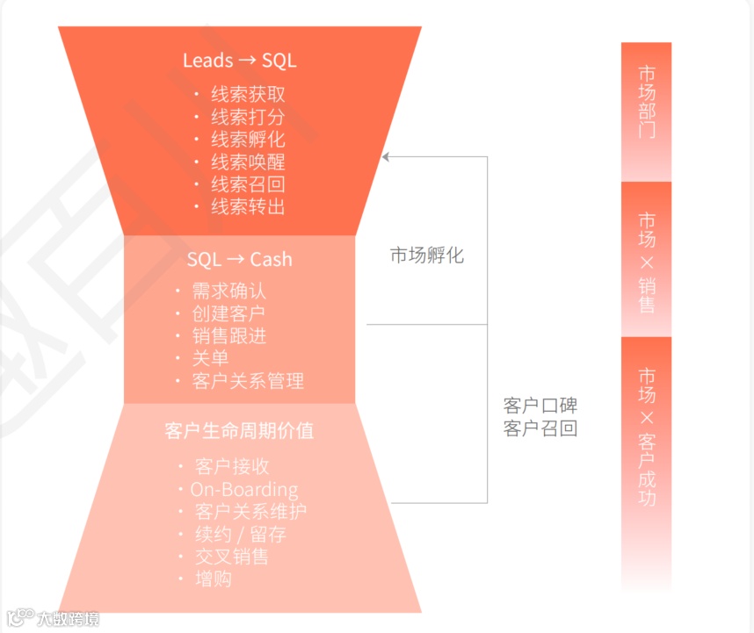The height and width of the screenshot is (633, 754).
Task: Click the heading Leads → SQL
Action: (x=239, y=61)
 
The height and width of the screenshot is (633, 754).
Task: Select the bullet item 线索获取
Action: (x=248, y=95)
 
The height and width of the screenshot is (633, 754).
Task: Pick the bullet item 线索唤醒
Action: (x=248, y=162)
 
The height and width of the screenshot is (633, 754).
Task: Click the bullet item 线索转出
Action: (x=248, y=207)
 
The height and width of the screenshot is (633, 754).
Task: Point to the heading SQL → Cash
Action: (x=239, y=260)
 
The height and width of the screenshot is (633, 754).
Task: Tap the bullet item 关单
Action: (x=210, y=358)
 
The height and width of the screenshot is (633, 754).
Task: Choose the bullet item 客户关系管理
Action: (x=248, y=381)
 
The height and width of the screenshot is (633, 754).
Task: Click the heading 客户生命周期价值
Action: (x=239, y=431)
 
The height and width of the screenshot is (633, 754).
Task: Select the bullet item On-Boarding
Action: (x=243, y=490)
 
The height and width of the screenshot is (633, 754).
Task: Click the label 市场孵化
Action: (x=427, y=255)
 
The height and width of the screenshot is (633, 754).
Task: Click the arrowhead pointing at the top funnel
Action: (x=386, y=157)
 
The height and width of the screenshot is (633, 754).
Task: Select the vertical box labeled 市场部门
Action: (x=646, y=111)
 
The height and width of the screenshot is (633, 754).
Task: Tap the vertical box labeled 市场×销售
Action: (x=646, y=260)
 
